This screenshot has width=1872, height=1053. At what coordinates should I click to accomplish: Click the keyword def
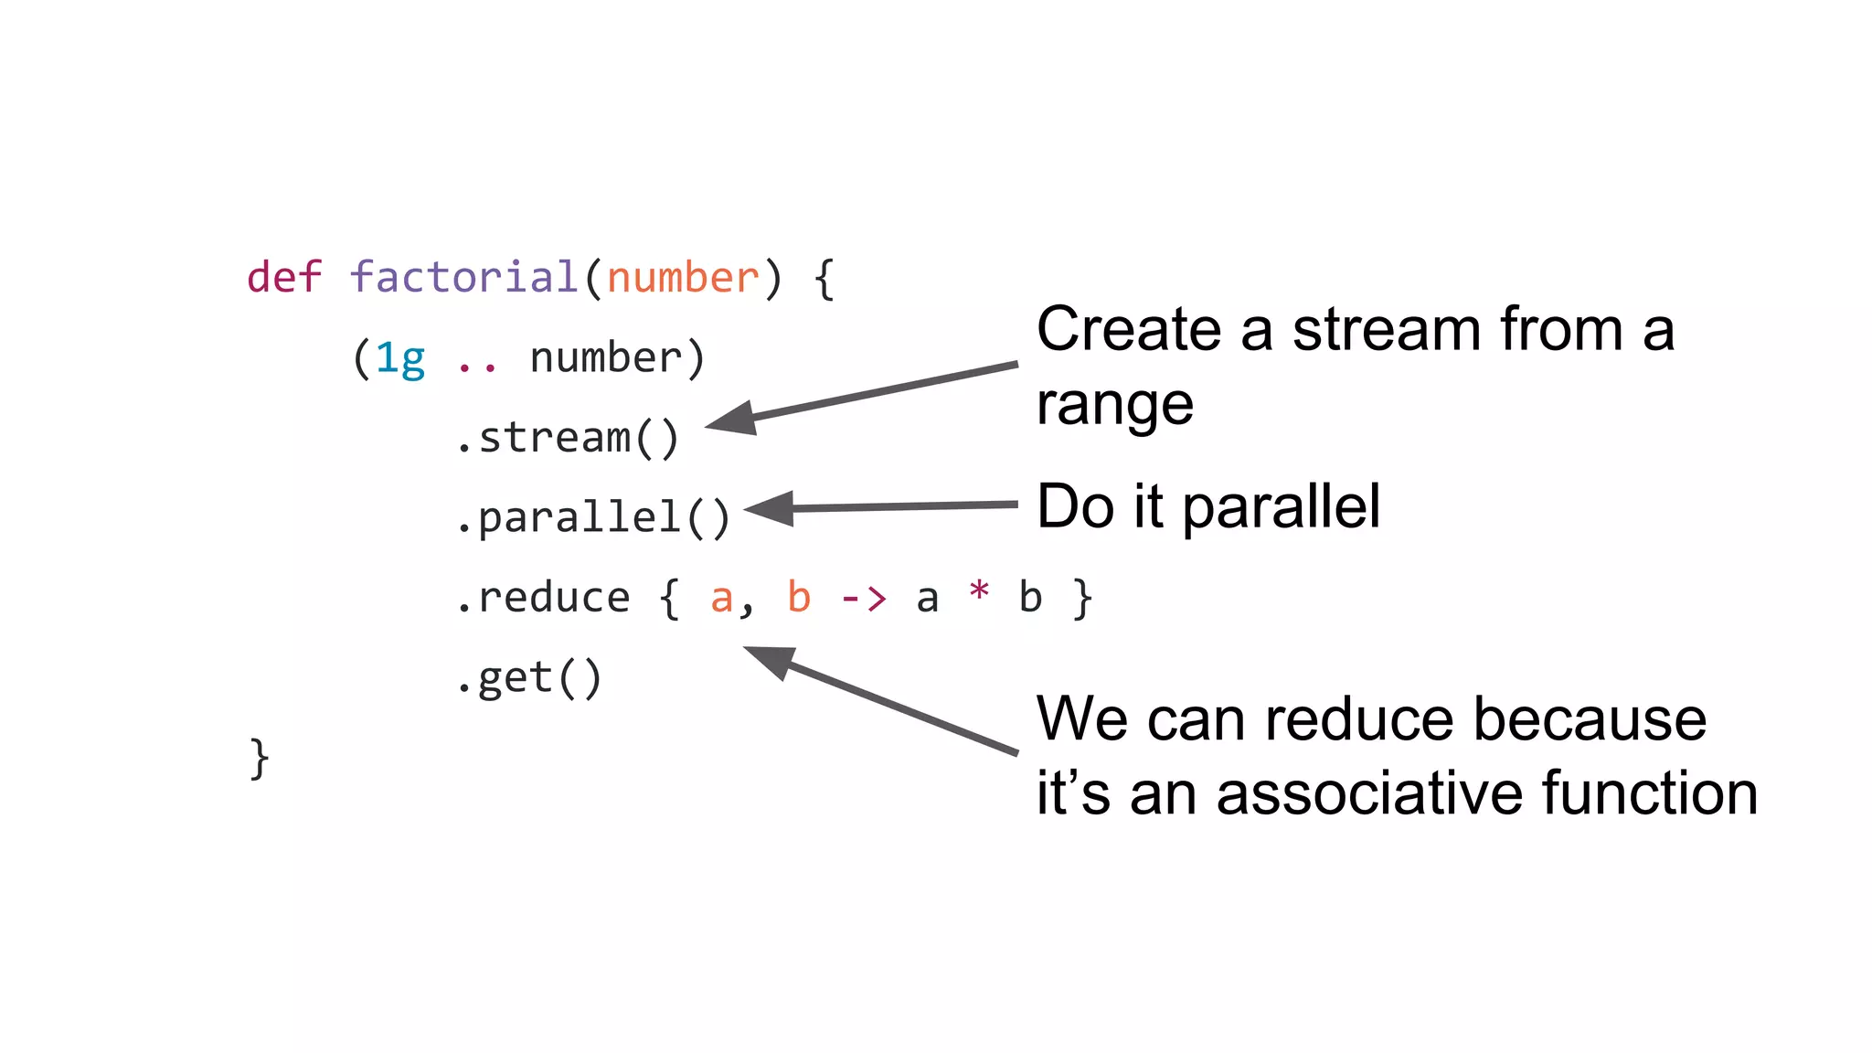click(284, 277)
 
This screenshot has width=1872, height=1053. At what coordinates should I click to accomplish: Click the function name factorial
click(463, 277)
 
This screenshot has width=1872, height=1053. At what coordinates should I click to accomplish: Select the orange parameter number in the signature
click(683, 277)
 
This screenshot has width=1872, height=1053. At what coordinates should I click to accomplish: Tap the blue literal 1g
click(400, 358)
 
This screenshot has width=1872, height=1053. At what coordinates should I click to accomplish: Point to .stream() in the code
click(568, 438)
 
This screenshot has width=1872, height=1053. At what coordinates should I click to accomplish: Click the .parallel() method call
click(593, 518)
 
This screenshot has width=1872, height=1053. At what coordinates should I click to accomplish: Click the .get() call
click(529, 678)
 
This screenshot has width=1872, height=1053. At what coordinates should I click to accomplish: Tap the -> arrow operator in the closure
click(864, 599)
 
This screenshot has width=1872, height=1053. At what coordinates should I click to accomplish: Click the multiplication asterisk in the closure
click(979, 591)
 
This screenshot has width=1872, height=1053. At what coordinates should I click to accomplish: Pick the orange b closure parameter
click(799, 598)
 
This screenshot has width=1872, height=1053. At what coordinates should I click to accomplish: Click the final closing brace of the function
click(260, 759)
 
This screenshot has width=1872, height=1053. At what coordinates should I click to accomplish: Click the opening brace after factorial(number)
click(824, 278)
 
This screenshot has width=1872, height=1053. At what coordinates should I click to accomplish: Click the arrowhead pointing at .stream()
click(734, 420)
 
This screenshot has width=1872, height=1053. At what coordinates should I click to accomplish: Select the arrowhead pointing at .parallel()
click(771, 509)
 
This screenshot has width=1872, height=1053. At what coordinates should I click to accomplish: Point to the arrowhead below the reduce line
click(771, 659)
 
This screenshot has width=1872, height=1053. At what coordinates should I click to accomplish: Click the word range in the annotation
click(1114, 405)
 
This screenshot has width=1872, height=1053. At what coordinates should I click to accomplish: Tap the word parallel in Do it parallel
click(1282, 506)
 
